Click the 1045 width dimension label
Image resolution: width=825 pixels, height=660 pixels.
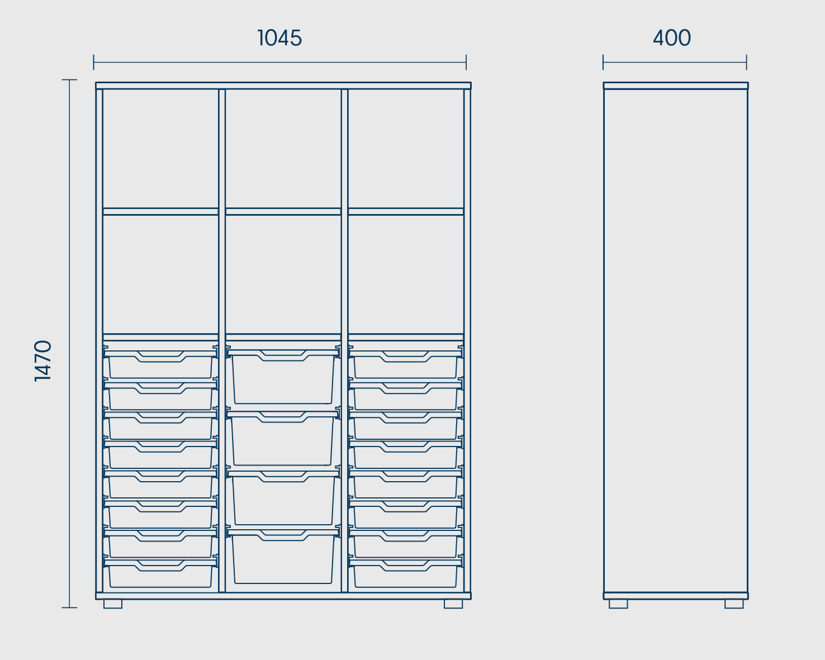point(279,38)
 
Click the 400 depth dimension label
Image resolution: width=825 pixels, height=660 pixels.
point(672,38)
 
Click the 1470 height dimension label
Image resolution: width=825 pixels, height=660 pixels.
point(43,360)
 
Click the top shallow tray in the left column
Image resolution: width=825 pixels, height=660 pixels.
point(160,364)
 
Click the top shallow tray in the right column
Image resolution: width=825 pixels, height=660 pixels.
point(406,364)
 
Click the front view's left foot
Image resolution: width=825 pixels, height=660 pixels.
point(113,604)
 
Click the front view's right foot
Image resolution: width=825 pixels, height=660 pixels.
point(453,604)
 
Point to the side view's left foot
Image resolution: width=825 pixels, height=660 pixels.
point(618,604)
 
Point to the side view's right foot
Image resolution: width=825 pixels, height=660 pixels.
point(734,604)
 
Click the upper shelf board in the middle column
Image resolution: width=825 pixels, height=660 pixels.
point(283,212)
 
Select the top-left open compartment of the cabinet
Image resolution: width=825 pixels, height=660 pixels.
point(160,149)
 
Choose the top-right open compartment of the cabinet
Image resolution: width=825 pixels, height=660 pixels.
point(406,149)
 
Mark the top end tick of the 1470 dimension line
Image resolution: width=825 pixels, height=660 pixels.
point(69,80)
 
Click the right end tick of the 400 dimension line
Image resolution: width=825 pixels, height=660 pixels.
point(746,62)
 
